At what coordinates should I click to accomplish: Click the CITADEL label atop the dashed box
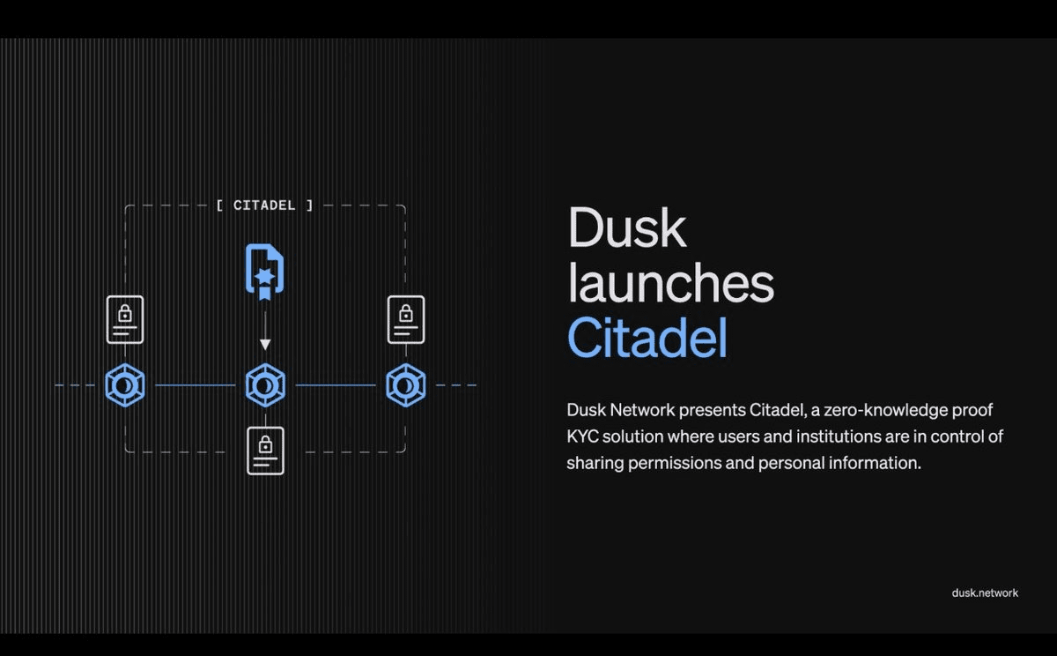pyautogui.click(x=264, y=205)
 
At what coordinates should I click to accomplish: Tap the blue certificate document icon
pyautogui.click(x=265, y=272)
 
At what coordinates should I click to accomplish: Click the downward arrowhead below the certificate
pyautogui.click(x=265, y=344)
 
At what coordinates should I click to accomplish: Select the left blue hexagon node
pyautogui.click(x=125, y=385)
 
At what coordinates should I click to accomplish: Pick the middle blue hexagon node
pyautogui.click(x=265, y=385)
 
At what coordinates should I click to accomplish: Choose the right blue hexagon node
pyautogui.click(x=406, y=385)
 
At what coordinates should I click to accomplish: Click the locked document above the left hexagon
pyautogui.click(x=125, y=320)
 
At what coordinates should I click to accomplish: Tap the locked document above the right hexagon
pyautogui.click(x=406, y=320)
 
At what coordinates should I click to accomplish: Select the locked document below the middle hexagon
pyautogui.click(x=266, y=451)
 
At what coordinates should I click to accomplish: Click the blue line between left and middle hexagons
pyautogui.click(x=196, y=385)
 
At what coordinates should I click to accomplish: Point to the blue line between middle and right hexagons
pyautogui.click(x=336, y=385)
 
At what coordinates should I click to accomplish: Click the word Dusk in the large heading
pyautogui.click(x=627, y=227)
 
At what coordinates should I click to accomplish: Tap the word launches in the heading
pyautogui.click(x=670, y=282)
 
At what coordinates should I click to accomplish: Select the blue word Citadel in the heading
pyautogui.click(x=647, y=337)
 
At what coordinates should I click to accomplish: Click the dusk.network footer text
pyautogui.click(x=985, y=593)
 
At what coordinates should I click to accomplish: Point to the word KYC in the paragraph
pyautogui.click(x=583, y=436)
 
